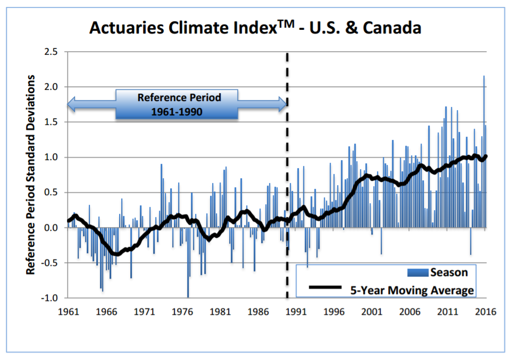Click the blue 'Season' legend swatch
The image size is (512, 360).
[417, 273]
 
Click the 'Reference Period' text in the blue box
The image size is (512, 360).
[179, 98]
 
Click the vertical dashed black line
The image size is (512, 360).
[288, 175]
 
